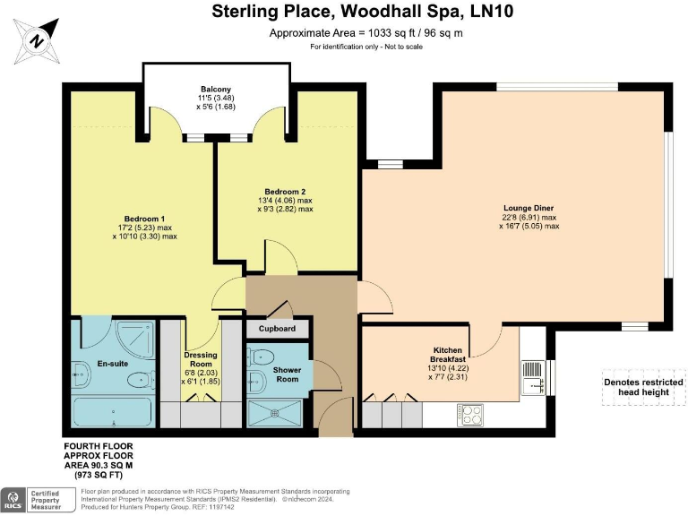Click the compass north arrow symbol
(x=37, y=38)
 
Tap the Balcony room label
(x=215, y=89)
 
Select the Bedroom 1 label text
(x=144, y=219)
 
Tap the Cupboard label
(x=277, y=329)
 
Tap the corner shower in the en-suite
(x=133, y=337)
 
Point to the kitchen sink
(x=533, y=377)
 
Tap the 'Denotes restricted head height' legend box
(x=644, y=387)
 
